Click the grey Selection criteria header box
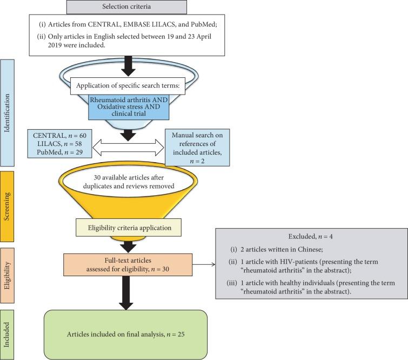pyautogui.click(x=126, y=6)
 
